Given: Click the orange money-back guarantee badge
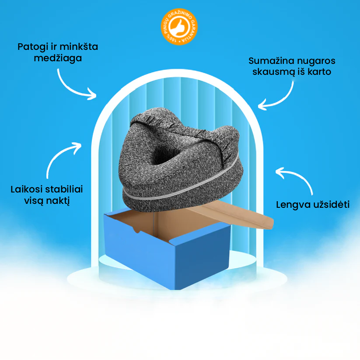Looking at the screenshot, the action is [x=179, y=27].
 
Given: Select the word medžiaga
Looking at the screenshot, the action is [x=58, y=58].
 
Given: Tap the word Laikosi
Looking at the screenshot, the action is [x=27, y=189].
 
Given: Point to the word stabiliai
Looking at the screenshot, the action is [x=64, y=189].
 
